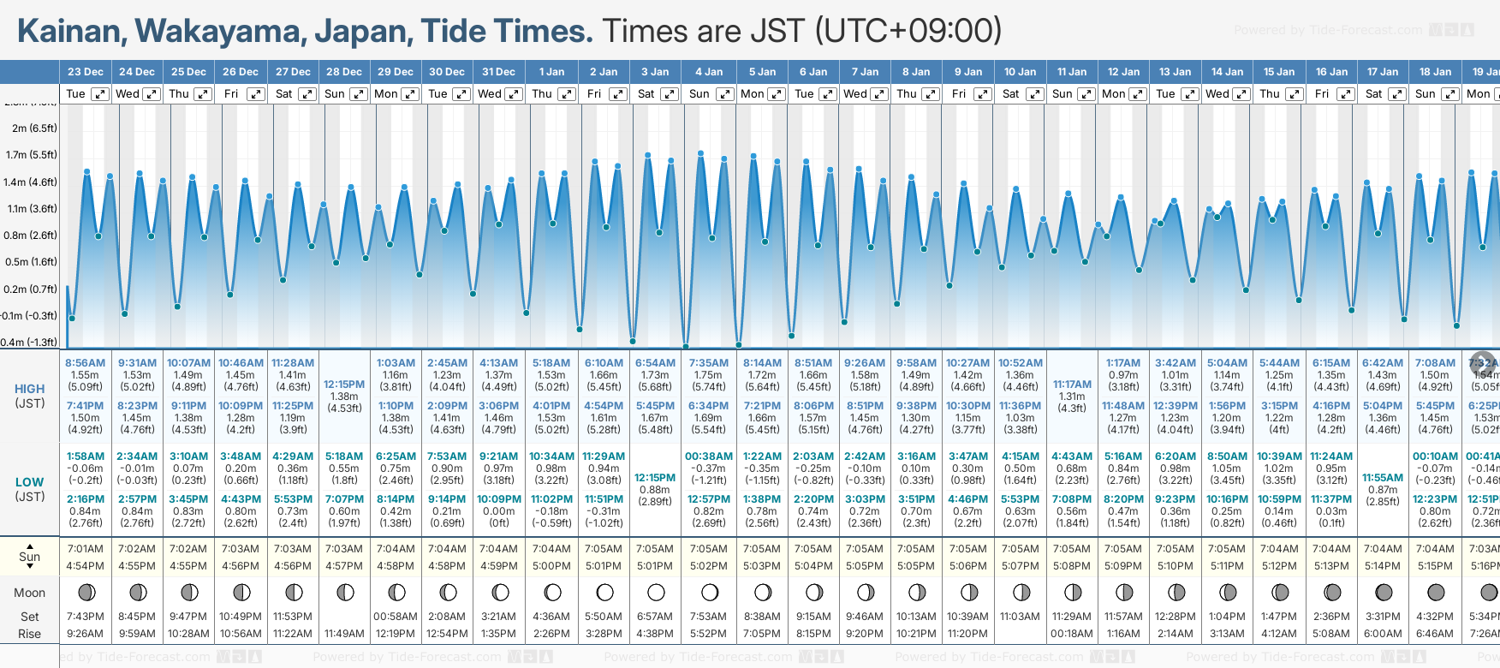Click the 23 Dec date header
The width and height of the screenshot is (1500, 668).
pyautogui.click(x=86, y=72)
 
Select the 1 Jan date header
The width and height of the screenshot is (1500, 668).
pyautogui.click(x=551, y=72)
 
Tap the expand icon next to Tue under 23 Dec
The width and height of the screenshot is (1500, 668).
pyautogui.click(x=100, y=94)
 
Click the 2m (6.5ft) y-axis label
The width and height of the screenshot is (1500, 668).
pyautogui.click(x=35, y=128)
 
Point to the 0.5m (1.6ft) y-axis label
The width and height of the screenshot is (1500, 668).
pyautogui.click(x=32, y=262)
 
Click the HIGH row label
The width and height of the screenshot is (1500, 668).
pyautogui.click(x=29, y=389)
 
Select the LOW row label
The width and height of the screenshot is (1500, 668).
pyautogui.click(x=29, y=482)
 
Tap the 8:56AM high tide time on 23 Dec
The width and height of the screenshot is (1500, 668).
pyautogui.click(x=86, y=363)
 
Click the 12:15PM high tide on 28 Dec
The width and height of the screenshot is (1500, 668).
pyautogui.click(x=344, y=385)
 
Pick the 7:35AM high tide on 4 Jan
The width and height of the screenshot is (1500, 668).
pyautogui.click(x=709, y=363)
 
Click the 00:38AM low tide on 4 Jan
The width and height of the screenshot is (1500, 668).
pyautogui.click(x=709, y=456)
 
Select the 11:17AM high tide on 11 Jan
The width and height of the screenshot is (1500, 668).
pyautogui.click(x=1072, y=385)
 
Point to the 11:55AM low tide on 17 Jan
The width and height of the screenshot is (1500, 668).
pyautogui.click(x=1383, y=478)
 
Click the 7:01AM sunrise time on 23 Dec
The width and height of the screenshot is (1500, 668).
pyautogui.click(x=86, y=549)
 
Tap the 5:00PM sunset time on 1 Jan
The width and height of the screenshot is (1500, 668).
pyautogui.click(x=551, y=566)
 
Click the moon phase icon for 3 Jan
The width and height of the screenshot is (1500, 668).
pyautogui.click(x=656, y=592)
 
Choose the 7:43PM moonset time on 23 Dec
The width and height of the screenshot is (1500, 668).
pyautogui.click(x=86, y=617)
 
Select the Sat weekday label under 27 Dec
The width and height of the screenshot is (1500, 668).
pyautogui.click(x=283, y=94)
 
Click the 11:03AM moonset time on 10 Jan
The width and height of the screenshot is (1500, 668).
pyautogui.click(x=1020, y=617)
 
